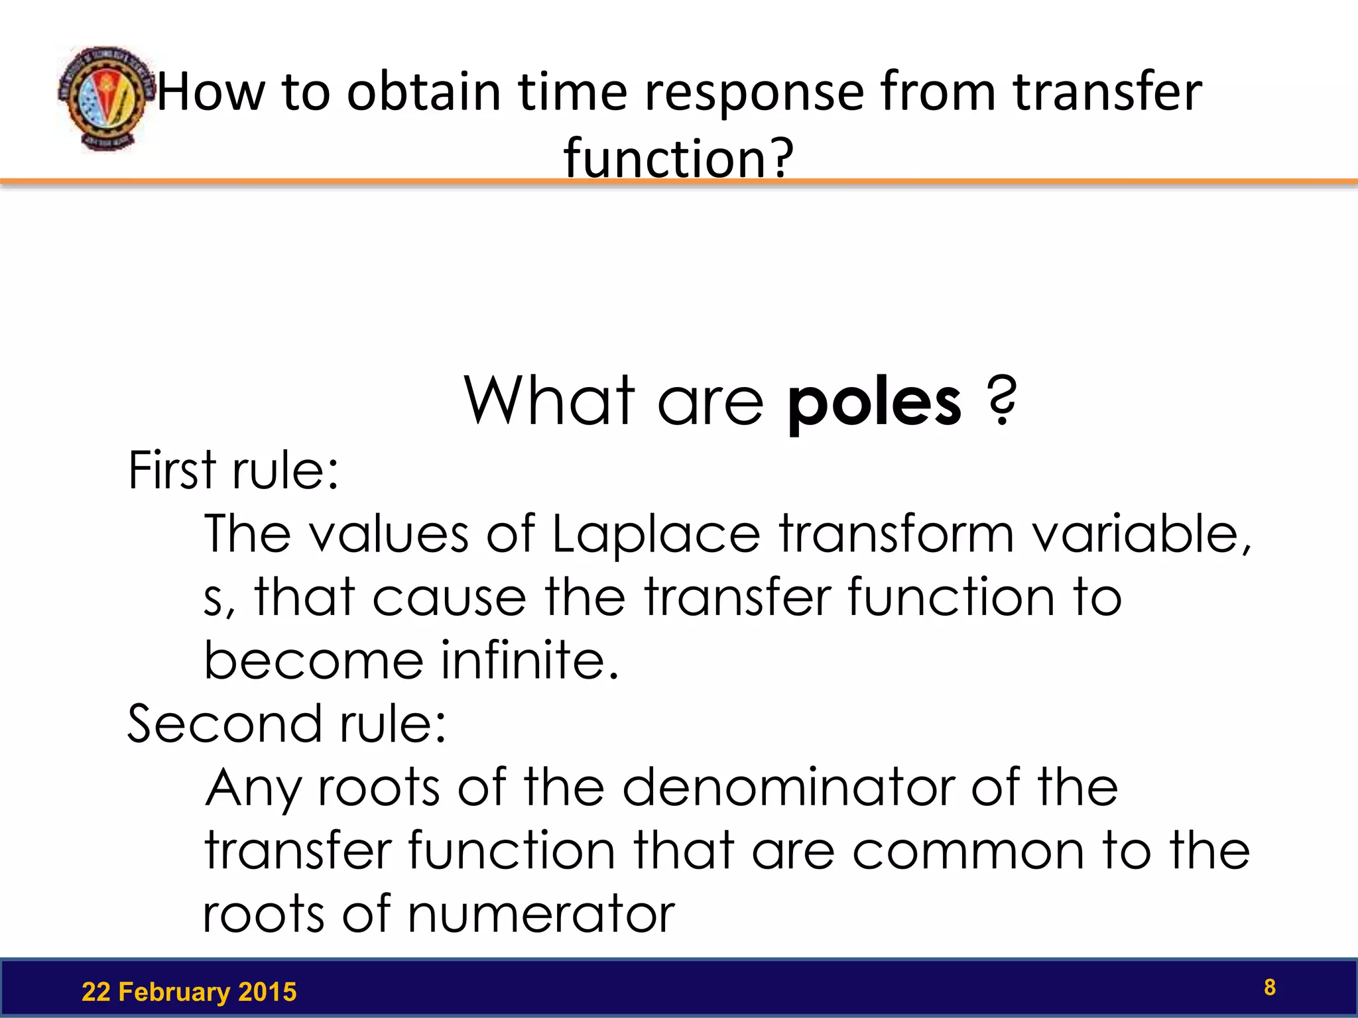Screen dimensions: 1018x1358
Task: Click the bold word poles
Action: click(874, 402)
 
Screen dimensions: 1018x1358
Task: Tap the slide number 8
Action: click(1269, 987)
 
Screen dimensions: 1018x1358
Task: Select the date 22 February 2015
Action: click(189, 992)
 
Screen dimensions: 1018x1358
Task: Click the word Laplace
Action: click(656, 534)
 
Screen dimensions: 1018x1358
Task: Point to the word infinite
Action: click(530, 661)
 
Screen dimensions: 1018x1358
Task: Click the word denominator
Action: click(788, 787)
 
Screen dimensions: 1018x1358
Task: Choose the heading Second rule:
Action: click(286, 724)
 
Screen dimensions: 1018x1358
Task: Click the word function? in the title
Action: click(678, 158)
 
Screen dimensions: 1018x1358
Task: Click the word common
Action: click(968, 851)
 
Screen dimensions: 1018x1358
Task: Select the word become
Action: click(313, 661)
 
